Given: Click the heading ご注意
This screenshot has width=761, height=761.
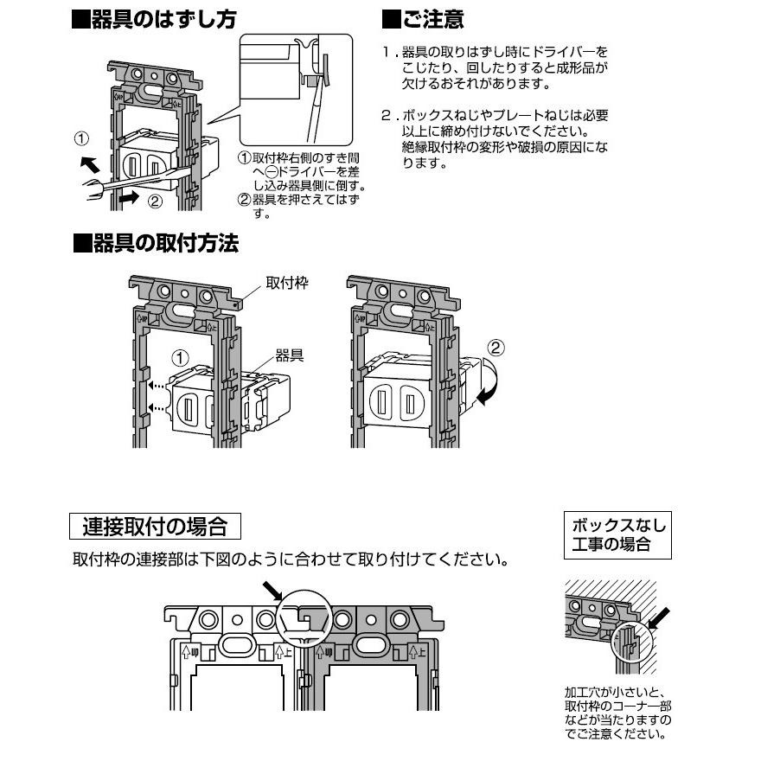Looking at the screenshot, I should [423, 20].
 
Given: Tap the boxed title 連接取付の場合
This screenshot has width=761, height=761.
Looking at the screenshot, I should [154, 526].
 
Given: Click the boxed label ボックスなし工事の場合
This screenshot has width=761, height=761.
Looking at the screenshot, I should [617, 534].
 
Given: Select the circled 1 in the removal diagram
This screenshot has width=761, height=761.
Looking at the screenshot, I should [80, 137].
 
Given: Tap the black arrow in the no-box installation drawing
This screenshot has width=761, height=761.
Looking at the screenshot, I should [661, 617].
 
